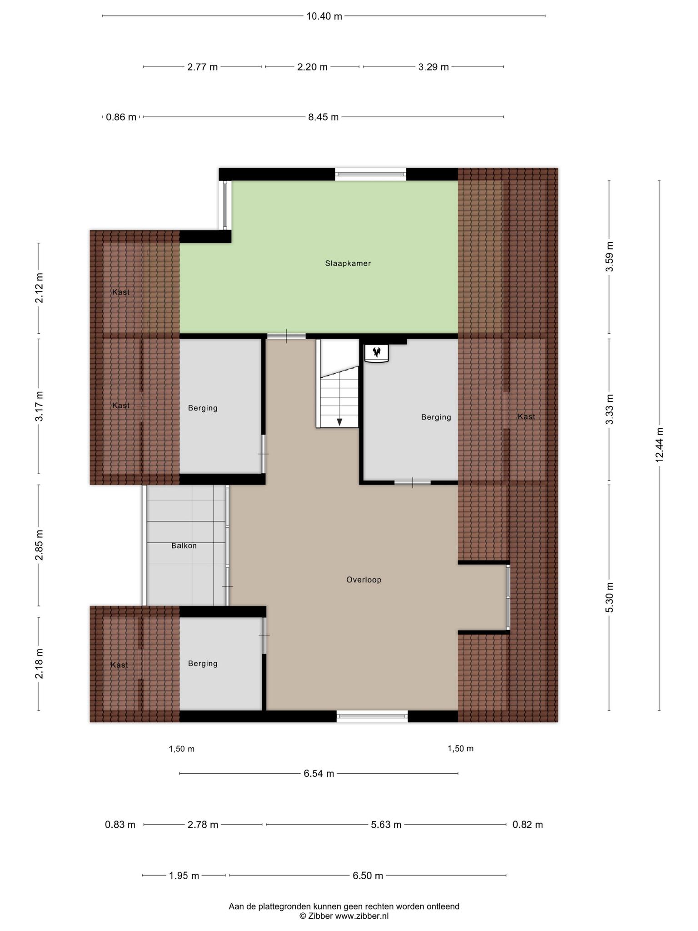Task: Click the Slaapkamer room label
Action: pyautogui.click(x=348, y=263)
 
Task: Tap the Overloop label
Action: pyautogui.click(x=364, y=580)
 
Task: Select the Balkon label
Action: pyautogui.click(x=184, y=546)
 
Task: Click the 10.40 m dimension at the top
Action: pyautogui.click(x=324, y=16)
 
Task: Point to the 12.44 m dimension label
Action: pyautogui.click(x=659, y=445)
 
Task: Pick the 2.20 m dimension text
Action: pyautogui.click(x=312, y=67)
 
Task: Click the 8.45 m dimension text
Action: pyautogui.click(x=324, y=117)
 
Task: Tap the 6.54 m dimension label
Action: pyautogui.click(x=319, y=773)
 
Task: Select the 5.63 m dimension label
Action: pyautogui.click(x=386, y=824)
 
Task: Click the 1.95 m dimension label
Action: pyautogui.click(x=184, y=875)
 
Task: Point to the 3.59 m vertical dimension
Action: pyautogui.click(x=609, y=256)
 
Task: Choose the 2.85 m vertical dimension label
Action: pyautogui.click(x=39, y=545)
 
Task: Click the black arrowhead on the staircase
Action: pyautogui.click(x=339, y=422)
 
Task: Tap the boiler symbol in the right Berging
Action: pyautogui.click(x=377, y=353)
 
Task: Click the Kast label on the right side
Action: pyautogui.click(x=526, y=416)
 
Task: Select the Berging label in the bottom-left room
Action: pyautogui.click(x=203, y=663)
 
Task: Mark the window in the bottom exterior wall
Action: pyautogui.click(x=372, y=716)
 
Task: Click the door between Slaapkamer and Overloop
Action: pyautogui.click(x=286, y=336)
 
